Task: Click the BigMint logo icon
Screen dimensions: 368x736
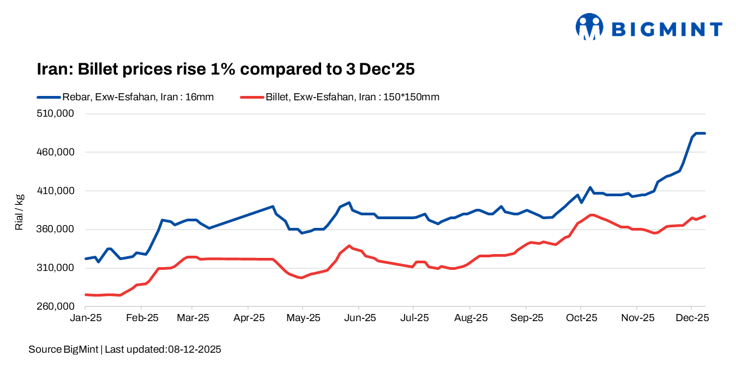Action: tap(589, 27)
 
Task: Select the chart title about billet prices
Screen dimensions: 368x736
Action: tap(226, 69)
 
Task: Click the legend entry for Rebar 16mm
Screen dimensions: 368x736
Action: tap(125, 97)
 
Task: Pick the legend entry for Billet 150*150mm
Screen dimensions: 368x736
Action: tap(340, 97)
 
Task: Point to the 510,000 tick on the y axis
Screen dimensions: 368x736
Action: tap(55, 114)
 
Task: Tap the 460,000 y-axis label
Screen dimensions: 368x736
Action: tap(55, 152)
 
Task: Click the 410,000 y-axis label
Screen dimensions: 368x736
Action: tap(55, 191)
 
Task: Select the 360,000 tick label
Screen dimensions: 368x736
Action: tap(55, 230)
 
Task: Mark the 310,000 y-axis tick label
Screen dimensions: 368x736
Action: tap(55, 268)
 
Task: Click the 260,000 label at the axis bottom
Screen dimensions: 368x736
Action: tap(55, 306)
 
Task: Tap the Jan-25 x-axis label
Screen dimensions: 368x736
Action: tap(86, 318)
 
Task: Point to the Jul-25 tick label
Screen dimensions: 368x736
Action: tap(413, 318)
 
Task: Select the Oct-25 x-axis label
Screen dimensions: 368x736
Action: tap(581, 318)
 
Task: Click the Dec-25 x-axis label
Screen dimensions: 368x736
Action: tap(691, 318)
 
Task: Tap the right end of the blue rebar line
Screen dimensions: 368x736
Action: tap(705, 134)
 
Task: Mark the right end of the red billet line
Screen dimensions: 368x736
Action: tap(705, 216)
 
